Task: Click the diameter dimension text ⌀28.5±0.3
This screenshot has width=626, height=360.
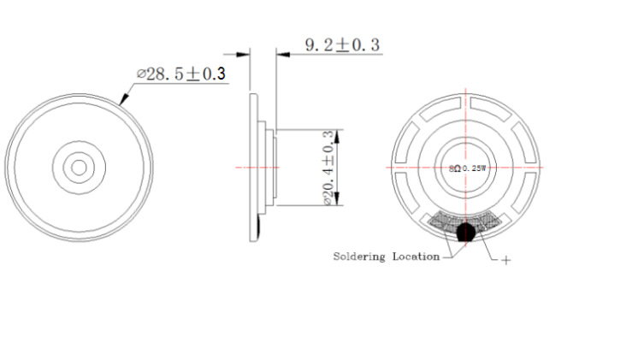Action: pos(181,74)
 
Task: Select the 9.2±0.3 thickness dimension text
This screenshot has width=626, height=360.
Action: pos(342,44)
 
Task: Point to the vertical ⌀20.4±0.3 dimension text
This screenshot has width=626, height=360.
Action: pos(328,168)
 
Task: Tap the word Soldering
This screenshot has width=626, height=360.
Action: pos(359,257)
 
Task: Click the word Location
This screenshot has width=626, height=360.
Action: pos(416,257)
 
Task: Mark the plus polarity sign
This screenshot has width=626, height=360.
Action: pos(505,261)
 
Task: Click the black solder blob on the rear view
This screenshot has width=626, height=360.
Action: pos(465,232)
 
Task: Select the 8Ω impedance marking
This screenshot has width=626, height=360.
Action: pos(455,168)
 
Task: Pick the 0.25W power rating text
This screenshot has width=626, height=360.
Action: pos(475,168)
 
